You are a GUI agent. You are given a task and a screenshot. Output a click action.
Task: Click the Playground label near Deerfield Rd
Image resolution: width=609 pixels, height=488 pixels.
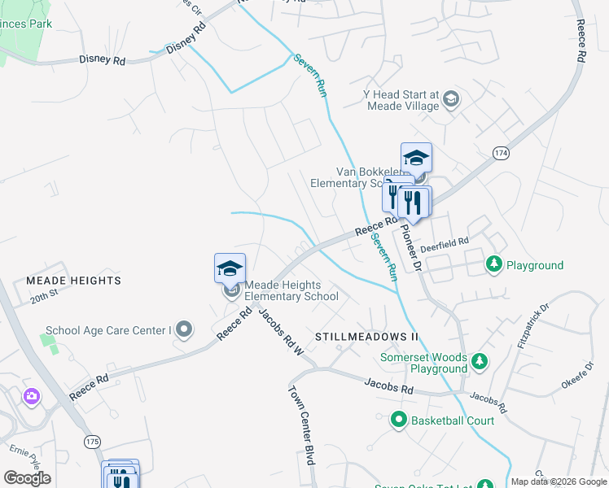tap(534, 265)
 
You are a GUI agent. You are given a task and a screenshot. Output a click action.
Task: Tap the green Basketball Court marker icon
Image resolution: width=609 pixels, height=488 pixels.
tap(399, 420)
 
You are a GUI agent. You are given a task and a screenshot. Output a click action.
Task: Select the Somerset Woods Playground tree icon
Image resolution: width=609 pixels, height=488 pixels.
tap(480, 359)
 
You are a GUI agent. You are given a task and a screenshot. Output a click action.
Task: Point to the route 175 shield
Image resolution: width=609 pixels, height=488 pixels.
tap(92, 440)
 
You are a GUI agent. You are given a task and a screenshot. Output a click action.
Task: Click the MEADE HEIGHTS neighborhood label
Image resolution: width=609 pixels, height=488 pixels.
tap(73, 281)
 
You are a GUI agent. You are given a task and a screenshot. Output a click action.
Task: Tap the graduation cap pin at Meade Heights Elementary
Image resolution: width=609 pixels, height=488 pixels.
tap(230, 268)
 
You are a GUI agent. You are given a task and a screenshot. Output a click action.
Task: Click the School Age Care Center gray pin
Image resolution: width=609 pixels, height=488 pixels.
tap(185, 329)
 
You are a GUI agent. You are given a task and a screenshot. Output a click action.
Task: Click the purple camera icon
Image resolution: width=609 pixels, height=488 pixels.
tap(32, 396)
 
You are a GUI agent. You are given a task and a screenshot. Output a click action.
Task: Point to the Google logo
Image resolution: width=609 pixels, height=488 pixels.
tap(27, 478)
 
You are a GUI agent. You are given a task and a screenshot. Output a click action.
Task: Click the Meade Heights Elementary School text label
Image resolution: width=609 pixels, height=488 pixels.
tap(291, 290)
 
